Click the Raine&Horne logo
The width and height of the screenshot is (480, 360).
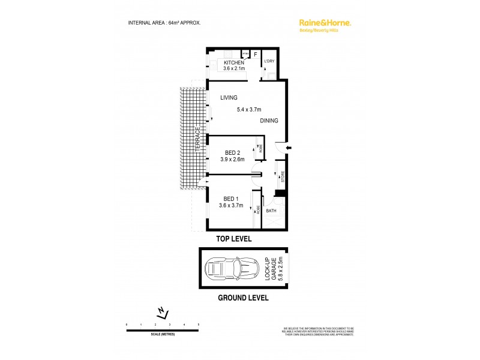[x=325, y=23]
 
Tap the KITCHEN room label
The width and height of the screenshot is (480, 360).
[x=234, y=63]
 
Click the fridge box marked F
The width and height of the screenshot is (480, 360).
[x=256, y=55]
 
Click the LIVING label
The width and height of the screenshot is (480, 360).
[x=229, y=98]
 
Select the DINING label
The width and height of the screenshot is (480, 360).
[x=269, y=121]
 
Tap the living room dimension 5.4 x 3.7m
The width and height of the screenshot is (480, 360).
[x=248, y=109]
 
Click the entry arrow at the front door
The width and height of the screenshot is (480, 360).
[x=289, y=149]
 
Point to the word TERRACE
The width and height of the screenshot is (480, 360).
[x=197, y=139]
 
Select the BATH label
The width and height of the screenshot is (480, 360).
[x=271, y=211]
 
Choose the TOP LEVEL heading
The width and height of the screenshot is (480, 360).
[x=234, y=239]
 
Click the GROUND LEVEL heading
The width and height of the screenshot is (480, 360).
[x=242, y=298]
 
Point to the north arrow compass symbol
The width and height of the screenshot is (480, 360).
[x=162, y=311]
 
